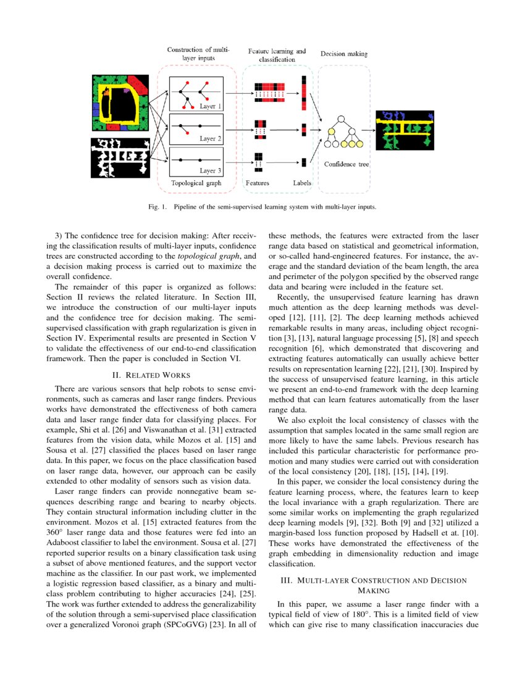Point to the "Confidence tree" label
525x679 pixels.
pyautogui.click(x=346, y=164)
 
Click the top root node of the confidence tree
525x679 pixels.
pyautogui.click(x=340, y=118)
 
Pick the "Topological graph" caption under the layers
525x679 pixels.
pyautogui.click(x=196, y=183)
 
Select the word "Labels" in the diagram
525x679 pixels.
pyautogui.click(x=302, y=183)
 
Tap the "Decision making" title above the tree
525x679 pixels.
pyautogui.click(x=343, y=54)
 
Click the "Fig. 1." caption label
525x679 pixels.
pyautogui.click(x=159, y=207)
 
